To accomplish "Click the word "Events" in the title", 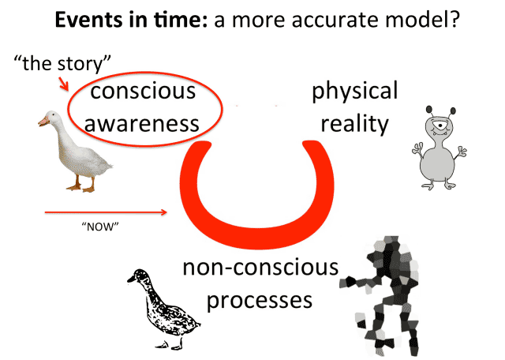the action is pyautogui.click(x=89, y=20).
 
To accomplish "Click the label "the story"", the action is pyautogui.click(x=62, y=63).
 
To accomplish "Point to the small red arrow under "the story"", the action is pyautogui.click(x=64, y=84).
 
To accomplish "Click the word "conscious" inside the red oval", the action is pyautogui.click(x=143, y=92).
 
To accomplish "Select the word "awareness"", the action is pyautogui.click(x=142, y=124).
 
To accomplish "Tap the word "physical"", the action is pyautogui.click(x=355, y=92).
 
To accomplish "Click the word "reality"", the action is pyautogui.click(x=355, y=125).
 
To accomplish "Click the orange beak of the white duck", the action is pyautogui.click(x=43, y=121).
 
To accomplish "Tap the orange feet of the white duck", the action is pyautogui.click(x=81, y=187).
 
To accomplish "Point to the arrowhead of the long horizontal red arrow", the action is pyautogui.click(x=164, y=212).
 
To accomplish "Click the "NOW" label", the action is pyautogui.click(x=100, y=227).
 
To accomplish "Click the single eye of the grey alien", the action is pyautogui.click(x=439, y=125).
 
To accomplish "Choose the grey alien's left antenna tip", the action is pyautogui.click(x=429, y=110).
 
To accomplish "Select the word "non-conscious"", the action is pyautogui.click(x=260, y=267).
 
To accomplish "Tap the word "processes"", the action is pyautogui.click(x=260, y=300).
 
